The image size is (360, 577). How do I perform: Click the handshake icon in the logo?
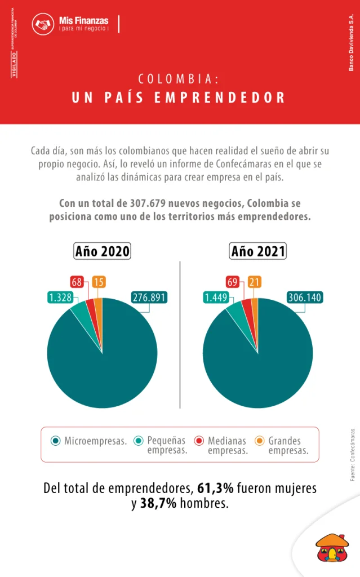point(43,24)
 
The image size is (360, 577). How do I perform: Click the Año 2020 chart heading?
point(103,251)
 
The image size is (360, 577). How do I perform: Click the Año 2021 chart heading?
point(258,251)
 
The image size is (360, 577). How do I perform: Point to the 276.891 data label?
point(149,298)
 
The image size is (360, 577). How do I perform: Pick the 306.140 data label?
point(305,298)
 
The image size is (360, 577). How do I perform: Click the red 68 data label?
point(77,282)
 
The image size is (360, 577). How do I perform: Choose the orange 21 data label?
point(254,282)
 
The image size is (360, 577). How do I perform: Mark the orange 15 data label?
point(99,282)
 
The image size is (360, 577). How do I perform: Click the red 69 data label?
point(233,282)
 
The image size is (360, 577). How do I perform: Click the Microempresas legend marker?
point(55,441)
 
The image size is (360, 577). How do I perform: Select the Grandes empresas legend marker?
point(259,441)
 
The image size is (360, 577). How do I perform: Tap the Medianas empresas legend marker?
point(198,441)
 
